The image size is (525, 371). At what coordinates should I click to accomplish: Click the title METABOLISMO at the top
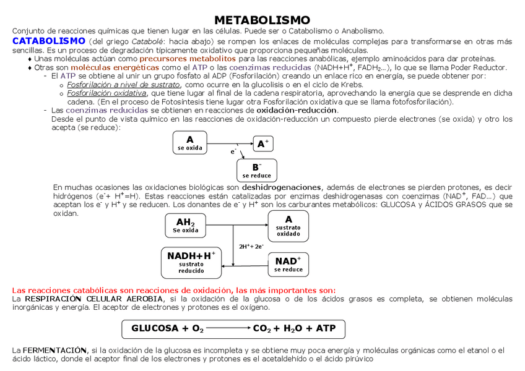262,20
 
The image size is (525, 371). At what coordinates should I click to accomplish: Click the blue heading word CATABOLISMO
48,41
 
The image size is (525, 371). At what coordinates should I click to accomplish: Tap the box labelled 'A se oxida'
189,143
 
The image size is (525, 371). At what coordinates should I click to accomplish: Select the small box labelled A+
263,143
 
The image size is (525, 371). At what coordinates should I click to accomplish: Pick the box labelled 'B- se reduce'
257,170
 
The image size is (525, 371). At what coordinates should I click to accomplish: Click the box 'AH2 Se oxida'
186,226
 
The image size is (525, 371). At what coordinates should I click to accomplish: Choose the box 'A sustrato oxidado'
288,226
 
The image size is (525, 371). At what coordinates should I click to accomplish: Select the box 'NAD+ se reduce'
288,264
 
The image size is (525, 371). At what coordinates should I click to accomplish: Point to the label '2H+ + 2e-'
251,246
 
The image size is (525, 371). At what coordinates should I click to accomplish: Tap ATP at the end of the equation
326,328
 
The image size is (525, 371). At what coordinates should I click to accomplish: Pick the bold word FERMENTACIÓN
55,350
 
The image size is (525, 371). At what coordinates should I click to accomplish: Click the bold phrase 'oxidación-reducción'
297,110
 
